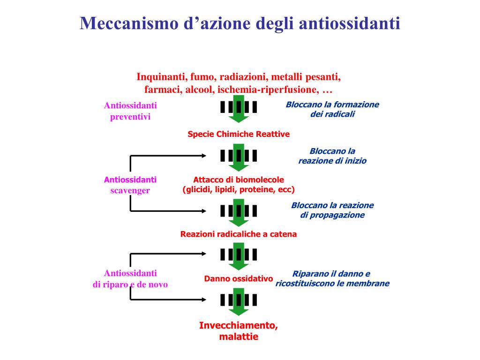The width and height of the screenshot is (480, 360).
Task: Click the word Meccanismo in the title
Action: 125,23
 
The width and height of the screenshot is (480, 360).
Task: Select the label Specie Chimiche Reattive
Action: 239,134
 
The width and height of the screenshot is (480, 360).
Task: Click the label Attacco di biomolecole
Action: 239,180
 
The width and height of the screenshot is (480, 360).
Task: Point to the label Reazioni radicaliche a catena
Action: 239,234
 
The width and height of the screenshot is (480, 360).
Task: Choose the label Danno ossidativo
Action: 239,278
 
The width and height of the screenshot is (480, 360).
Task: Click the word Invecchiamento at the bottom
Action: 239,325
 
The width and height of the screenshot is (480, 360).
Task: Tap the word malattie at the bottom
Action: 239,337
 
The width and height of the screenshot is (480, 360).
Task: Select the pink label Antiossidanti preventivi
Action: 130,111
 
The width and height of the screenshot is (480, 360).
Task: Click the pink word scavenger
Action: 130,190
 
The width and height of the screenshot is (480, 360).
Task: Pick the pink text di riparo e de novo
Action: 130,284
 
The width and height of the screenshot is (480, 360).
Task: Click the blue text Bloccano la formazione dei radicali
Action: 332,109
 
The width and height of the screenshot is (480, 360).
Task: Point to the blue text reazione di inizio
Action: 332,161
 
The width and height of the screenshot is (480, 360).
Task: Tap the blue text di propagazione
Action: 332,215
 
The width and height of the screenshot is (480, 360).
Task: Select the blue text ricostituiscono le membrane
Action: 332,283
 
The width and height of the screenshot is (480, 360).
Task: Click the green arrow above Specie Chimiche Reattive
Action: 239,111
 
